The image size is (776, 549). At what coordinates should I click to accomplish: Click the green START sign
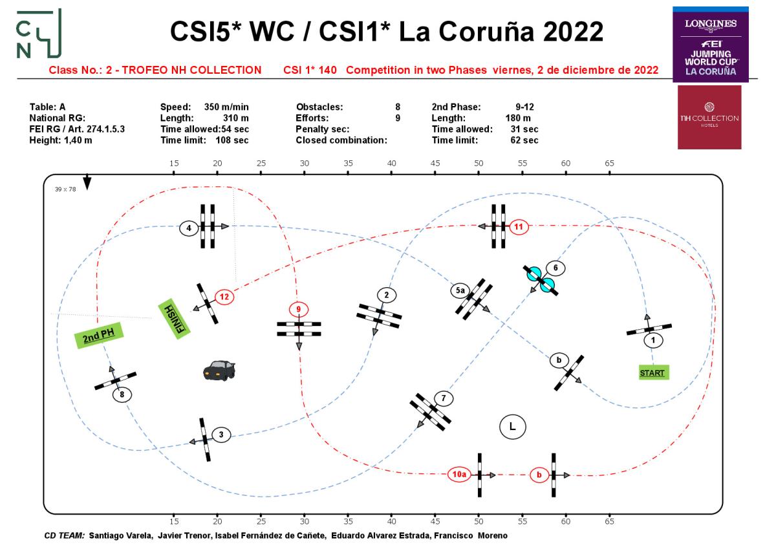[x=652, y=372]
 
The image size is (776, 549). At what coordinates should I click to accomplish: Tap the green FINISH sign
[x=173, y=317]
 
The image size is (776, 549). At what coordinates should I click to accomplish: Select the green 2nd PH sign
[x=98, y=336]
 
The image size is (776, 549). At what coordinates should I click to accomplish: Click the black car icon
[x=219, y=370]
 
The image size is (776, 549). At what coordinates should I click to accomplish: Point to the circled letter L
[x=512, y=426]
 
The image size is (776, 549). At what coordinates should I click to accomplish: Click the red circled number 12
[x=224, y=297]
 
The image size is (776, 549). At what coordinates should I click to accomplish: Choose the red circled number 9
[x=298, y=309]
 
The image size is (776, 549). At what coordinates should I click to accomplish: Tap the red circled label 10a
[x=459, y=475]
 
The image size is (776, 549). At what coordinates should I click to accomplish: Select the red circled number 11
[x=519, y=226]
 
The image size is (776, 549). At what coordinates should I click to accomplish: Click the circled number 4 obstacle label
[x=189, y=228]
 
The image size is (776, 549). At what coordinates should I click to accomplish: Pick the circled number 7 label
[x=443, y=398]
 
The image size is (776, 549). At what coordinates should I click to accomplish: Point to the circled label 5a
[x=460, y=291]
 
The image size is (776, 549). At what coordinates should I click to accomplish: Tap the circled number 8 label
[x=121, y=393]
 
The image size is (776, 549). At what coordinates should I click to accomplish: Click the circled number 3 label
[x=221, y=435]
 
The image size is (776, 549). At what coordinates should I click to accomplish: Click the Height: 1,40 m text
[x=61, y=140]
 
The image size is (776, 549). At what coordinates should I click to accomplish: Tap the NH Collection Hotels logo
[x=709, y=117]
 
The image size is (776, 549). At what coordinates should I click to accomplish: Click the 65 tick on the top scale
[x=609, y=164]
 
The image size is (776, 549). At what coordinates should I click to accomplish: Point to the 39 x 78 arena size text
[x=65, y=189]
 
